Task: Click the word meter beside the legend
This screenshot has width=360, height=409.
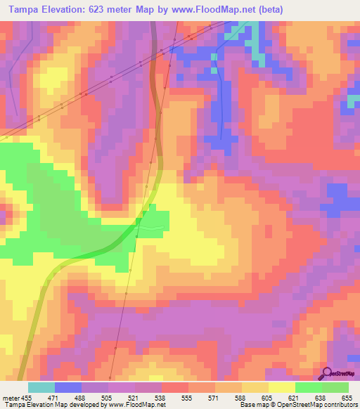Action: [x=11, y=397]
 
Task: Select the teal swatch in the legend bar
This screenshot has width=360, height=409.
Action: [x=41, y=387]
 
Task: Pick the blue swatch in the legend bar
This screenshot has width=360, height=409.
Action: [x=68, y=387]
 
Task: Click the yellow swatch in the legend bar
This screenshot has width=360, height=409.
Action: [x=282, y=387]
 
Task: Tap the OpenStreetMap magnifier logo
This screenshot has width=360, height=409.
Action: [x=327, y=373]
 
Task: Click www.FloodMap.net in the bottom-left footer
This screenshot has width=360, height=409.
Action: [x=141, y=405]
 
